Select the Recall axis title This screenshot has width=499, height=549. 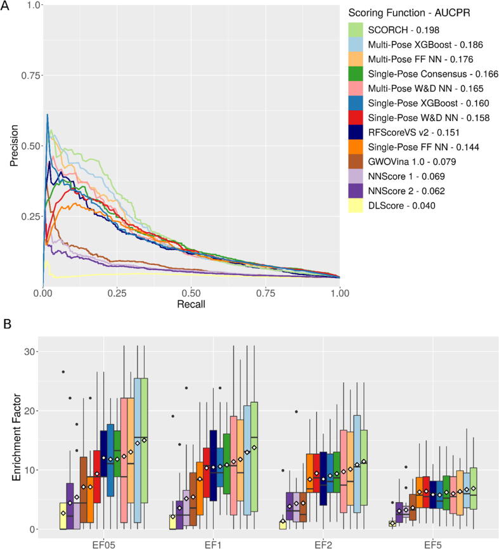(x=191, y=304)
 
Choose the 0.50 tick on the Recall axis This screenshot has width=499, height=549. (x=191, y=294)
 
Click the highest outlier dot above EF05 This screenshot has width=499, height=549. (x=63, y=371)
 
